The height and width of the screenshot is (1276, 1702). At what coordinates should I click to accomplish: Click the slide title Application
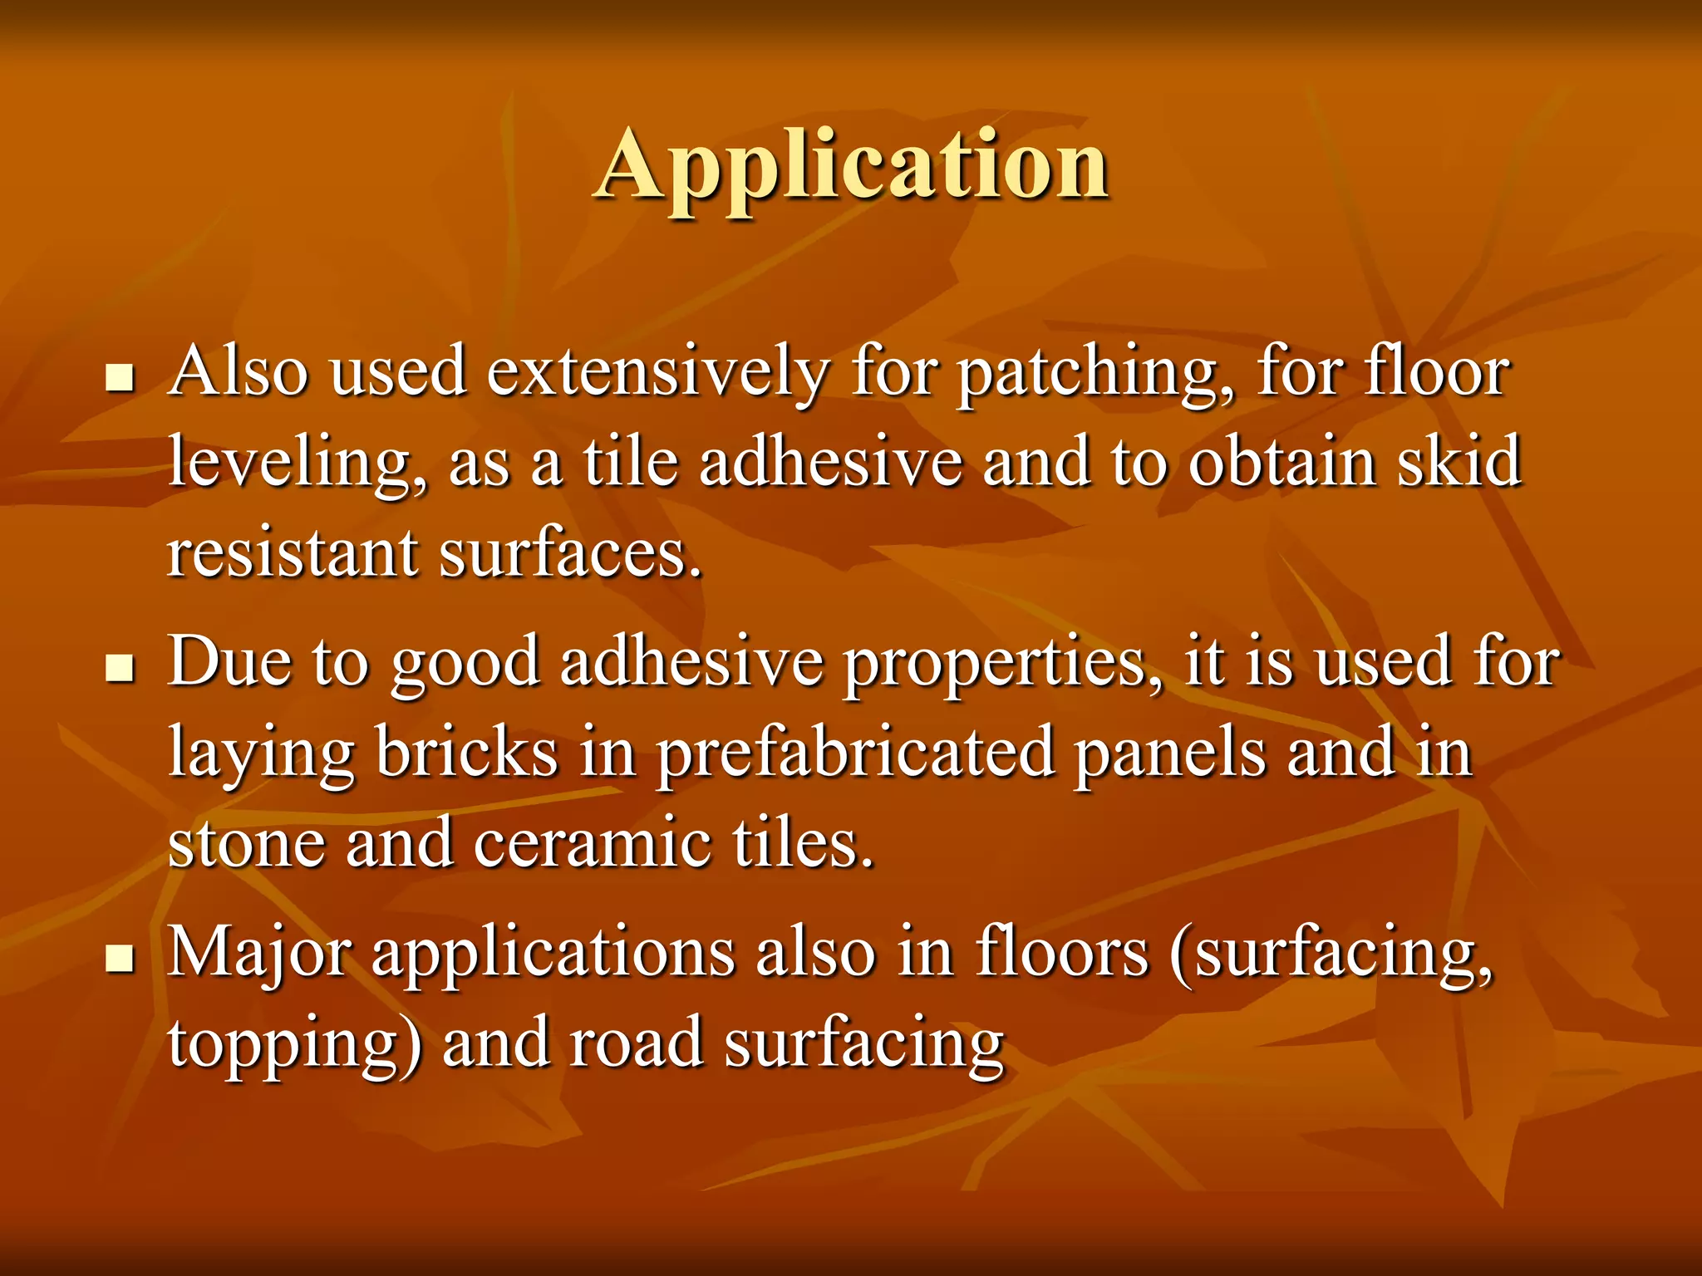click(x=851, y=166)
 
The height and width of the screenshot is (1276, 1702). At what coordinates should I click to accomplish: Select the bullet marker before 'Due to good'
click(x=121, y=667)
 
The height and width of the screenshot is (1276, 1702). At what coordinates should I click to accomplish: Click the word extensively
click(x=657, y=374)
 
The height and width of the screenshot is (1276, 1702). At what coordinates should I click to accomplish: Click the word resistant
click(x=293, y=553)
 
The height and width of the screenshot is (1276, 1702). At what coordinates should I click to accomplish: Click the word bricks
click(x=466, y=753)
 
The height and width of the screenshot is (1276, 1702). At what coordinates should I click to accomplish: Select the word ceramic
click(x=592, y=844)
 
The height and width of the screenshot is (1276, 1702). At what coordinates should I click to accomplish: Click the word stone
click(x=247, y=844)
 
